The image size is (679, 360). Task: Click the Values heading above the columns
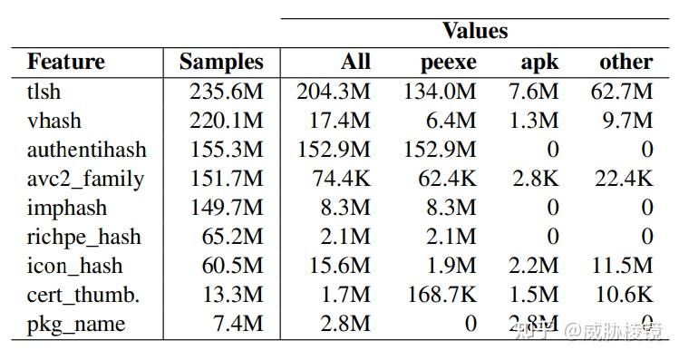pyautogui.click(x=475, y=31)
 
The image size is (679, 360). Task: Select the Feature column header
pyautogui.click(x=65, y=62)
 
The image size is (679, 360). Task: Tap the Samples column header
pyautogui.click(x=221, y=62)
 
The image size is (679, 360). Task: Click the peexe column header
pyautogui.click(x=448, y=63)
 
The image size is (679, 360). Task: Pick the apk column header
pyautogui.click(x=539, y=63)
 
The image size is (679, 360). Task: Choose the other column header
pyautogui.click(x=626, y=62)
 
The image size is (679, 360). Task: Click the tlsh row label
pyautogui.click(x=45, y=92)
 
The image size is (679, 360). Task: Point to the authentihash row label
pyautogui.click(x=86, y=150)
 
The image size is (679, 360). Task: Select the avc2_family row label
pyautogui.click(x=85, y=179)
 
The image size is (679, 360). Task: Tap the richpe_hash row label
pyautogui.click(x=84, y=237)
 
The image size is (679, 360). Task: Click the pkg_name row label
pyautogui.click(x=76, y=324)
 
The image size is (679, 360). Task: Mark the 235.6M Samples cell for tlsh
pyautogui.click(x=226, y=92)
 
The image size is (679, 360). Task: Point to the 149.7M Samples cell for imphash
pyautogui.click(x=226, y=208)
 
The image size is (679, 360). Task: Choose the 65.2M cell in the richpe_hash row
pyautogui.click(x=231, y=237)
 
